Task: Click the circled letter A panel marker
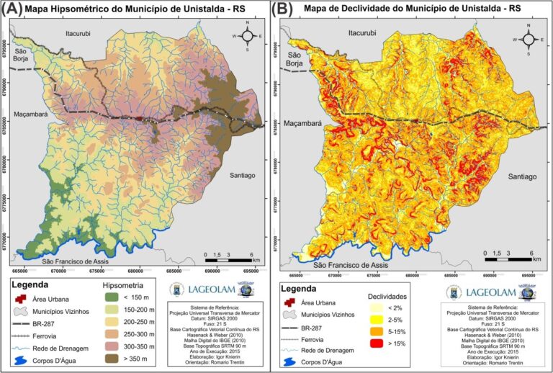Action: click(12, 9)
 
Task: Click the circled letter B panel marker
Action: click(282, 9)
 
